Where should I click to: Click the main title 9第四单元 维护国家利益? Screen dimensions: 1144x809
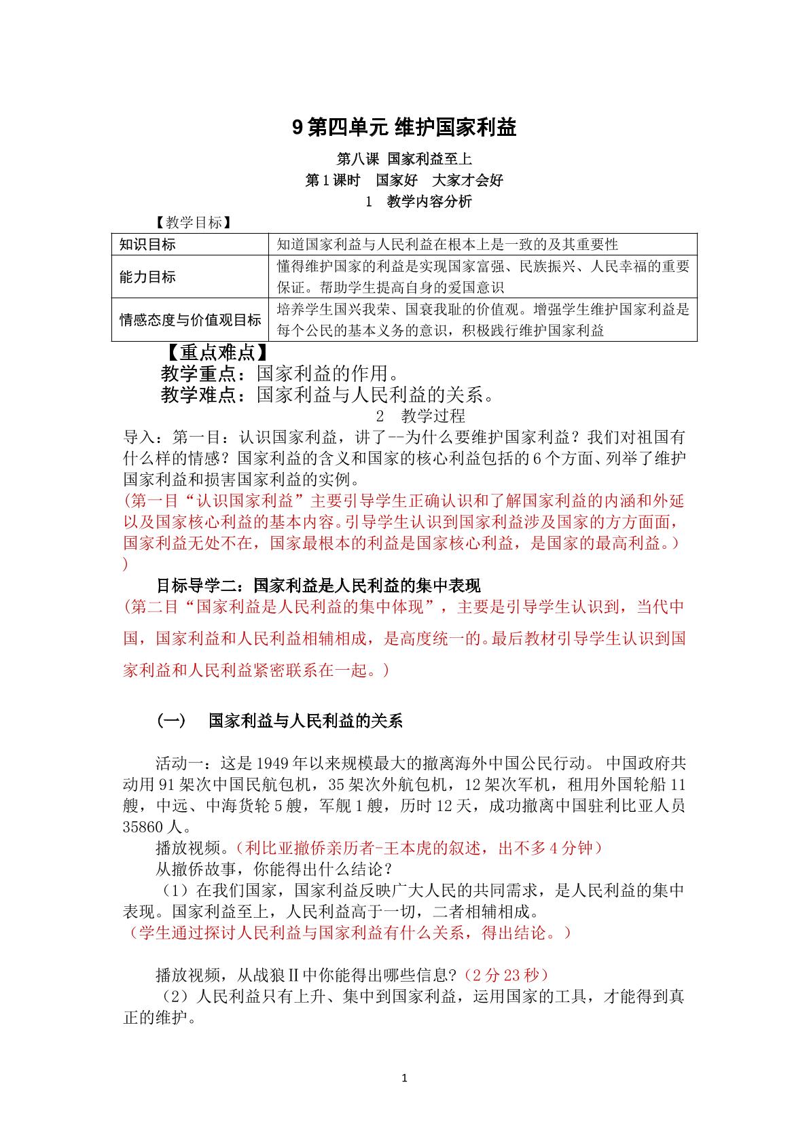(x=404, y=127)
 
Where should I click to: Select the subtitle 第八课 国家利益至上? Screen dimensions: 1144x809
(x=404, y=160)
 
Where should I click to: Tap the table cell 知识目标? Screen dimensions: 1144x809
(x=147, y=245)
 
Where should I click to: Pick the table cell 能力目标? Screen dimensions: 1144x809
(x=147, y=276)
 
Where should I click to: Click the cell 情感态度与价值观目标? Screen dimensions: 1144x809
(x=190, y=320)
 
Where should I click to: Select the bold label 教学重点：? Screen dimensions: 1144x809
(x=208, y=374)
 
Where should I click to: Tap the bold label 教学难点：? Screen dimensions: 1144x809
(x=208, y=395)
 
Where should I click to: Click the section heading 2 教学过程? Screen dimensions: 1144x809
(x=420, y=416)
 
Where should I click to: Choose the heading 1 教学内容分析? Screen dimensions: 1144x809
(x=418, y=202)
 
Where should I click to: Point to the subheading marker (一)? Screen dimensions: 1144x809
(x=171, y=721)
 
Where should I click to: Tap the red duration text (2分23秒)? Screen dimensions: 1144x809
(x=505, y=976)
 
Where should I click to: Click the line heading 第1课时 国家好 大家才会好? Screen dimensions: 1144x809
(x=404, y=181)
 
